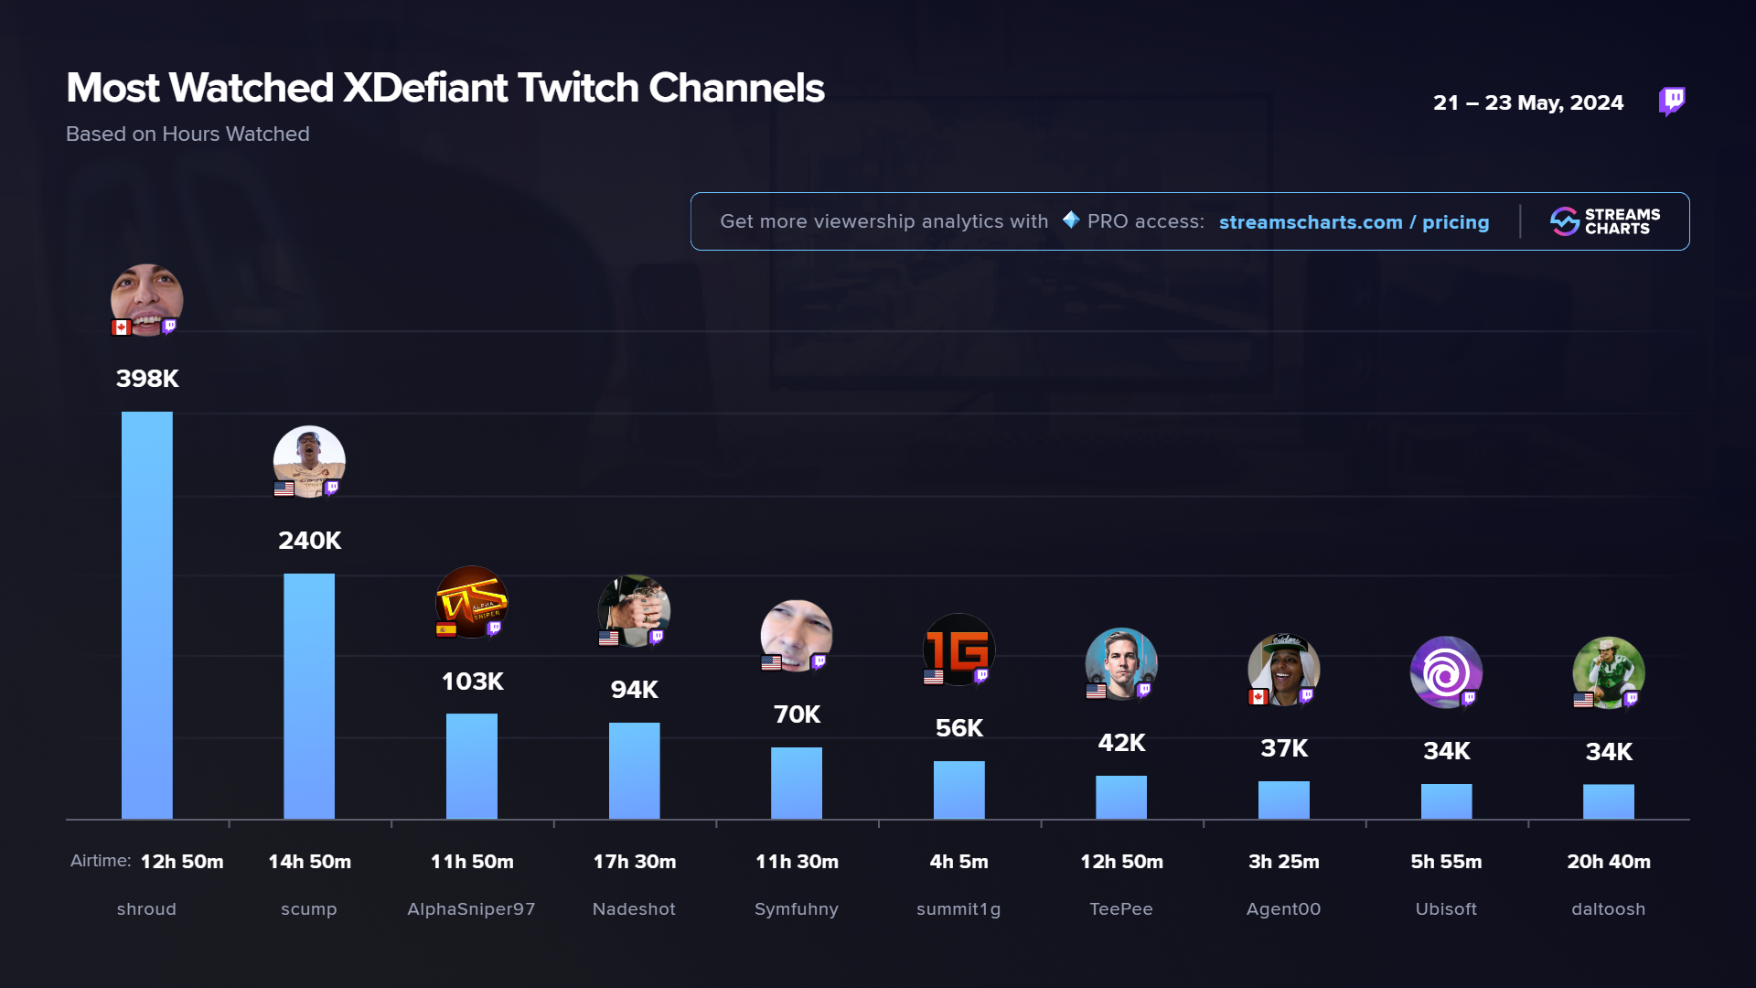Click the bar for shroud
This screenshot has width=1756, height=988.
[x=146, y=615]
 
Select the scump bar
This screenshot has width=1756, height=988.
[x=309, y=695]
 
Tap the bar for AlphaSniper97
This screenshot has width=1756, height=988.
[x=472, y=766]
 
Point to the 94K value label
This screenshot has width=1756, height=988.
[x=634, y=690]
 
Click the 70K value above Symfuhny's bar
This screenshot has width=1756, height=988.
[x=797, y=714]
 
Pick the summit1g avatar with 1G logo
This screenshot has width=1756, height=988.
[x=958, y=650]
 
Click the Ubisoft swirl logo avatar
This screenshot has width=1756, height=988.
[x=1446, y=672]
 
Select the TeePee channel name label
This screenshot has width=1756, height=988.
[x=1121, y=909]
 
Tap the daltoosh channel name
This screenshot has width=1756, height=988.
[x=1608, y=909]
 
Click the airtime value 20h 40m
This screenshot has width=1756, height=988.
[x=1608, y=862]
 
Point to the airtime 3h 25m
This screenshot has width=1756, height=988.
[x=1283, y=862]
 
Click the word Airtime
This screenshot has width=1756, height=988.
[x=101, y=861]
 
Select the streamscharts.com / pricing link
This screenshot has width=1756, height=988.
[x=1354, y=222]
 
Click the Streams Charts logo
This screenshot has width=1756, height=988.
[x=1605, y=221]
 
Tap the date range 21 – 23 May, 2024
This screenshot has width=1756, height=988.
[x=1528, y=102]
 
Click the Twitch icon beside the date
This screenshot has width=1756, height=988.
[x=1672, y=101]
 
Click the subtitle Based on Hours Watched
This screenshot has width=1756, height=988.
[x=187, y=134]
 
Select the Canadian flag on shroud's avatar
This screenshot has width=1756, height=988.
[x=121, y=328]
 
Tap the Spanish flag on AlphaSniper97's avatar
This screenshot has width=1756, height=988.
[x=446, y=629]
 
